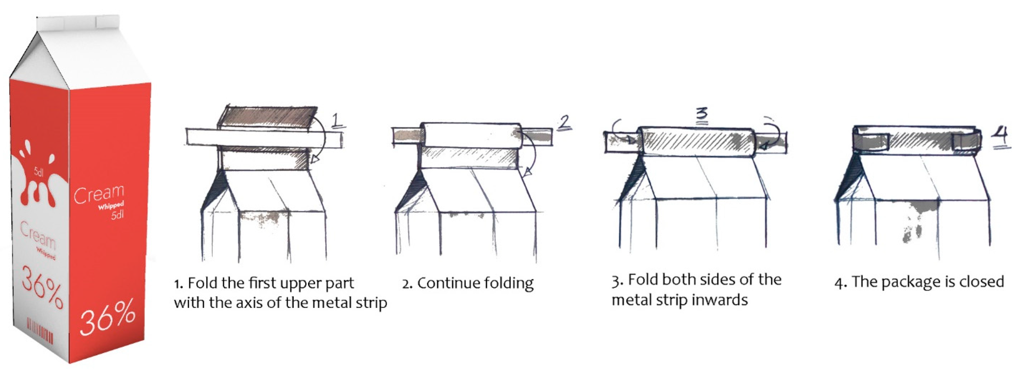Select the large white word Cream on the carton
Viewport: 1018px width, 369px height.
(99, 194)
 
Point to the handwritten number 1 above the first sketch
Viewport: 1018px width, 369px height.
(337, 121)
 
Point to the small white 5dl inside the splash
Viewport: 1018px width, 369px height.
(38, 172)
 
